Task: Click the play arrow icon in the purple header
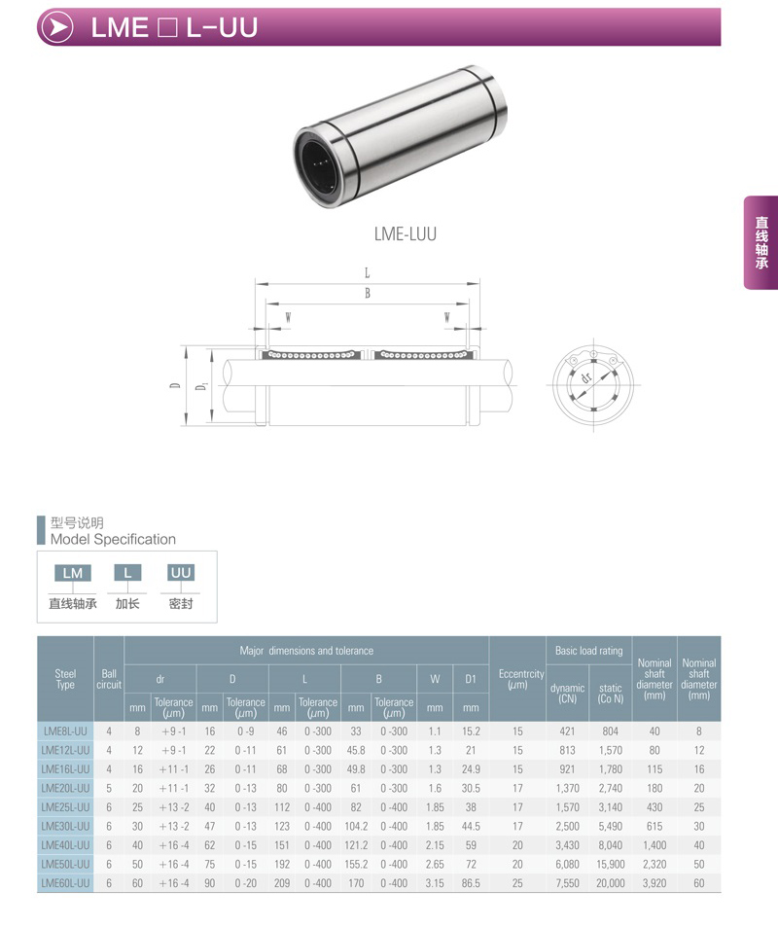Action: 58,27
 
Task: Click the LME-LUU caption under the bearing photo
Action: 405,234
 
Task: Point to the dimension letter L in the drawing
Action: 368,273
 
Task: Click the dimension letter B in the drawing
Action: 368,293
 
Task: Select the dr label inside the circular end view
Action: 586,377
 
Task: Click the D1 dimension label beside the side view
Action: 202,386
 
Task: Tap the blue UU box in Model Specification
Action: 180,572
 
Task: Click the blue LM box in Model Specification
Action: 73,573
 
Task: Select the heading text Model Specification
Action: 113,539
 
